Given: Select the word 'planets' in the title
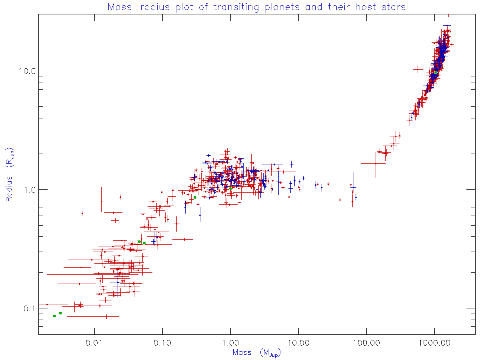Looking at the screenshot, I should pos(257,7).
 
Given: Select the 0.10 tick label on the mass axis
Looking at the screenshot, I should pos(162,343).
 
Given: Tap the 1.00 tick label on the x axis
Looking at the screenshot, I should pos(230,343).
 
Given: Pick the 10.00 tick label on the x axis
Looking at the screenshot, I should pos(298,343).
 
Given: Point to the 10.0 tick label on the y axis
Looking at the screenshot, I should pos(28,71).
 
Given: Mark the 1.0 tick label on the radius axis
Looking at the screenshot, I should pos(30,190).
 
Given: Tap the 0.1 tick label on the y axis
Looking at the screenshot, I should pos(30,308).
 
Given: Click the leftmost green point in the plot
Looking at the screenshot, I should pos(54,316).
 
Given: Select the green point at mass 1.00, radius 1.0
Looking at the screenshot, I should pos(230,188).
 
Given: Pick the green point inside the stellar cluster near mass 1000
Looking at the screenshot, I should pos(436,72).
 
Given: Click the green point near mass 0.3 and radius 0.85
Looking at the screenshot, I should pos(195,197).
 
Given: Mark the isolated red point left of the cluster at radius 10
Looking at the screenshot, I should pos(418,69).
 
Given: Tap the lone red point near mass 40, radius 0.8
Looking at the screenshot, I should pos(340,200).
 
